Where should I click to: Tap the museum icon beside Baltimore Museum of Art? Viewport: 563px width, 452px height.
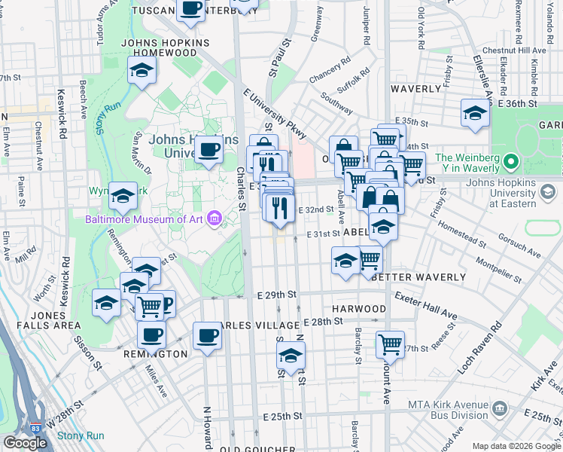click(x=215, y=219)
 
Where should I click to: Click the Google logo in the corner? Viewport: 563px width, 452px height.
click(x=25, y=443)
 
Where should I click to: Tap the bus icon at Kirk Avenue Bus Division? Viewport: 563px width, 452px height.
click(x=500, y=411)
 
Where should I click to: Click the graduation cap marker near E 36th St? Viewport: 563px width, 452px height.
click(x=475, y=114)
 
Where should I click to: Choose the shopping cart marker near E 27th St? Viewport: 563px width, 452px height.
click(x=390, y=345)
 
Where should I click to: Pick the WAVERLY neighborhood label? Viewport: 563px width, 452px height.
click(x=416, y=88)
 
